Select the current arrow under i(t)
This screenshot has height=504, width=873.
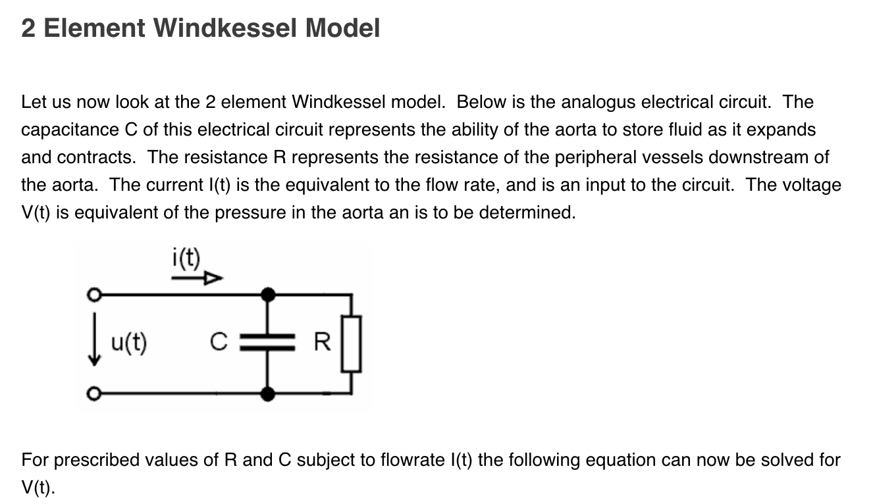pyautogui.click(x=197, y=279)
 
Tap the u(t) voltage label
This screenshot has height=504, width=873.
pyautogui.click(x=129, y=342)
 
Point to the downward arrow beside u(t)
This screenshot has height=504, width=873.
pyautogui.click(x=96, y=345)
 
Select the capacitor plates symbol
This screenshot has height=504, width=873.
pyautogui.click(x=267, y=342)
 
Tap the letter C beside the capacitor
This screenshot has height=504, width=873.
pyautogui.click(x=219, y=342)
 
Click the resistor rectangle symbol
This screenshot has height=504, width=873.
pyautogui.click(x=352, y=343)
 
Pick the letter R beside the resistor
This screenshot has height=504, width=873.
pyautogui.click(x=321, y=342)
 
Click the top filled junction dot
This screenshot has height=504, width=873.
pyautogui.click(x=267, y=294)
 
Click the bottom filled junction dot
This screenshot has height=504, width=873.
pyautogui.click(x=267, y=394)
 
